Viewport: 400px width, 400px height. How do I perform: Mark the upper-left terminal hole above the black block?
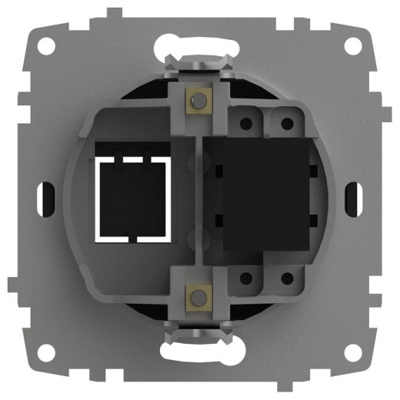pos(247,122)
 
